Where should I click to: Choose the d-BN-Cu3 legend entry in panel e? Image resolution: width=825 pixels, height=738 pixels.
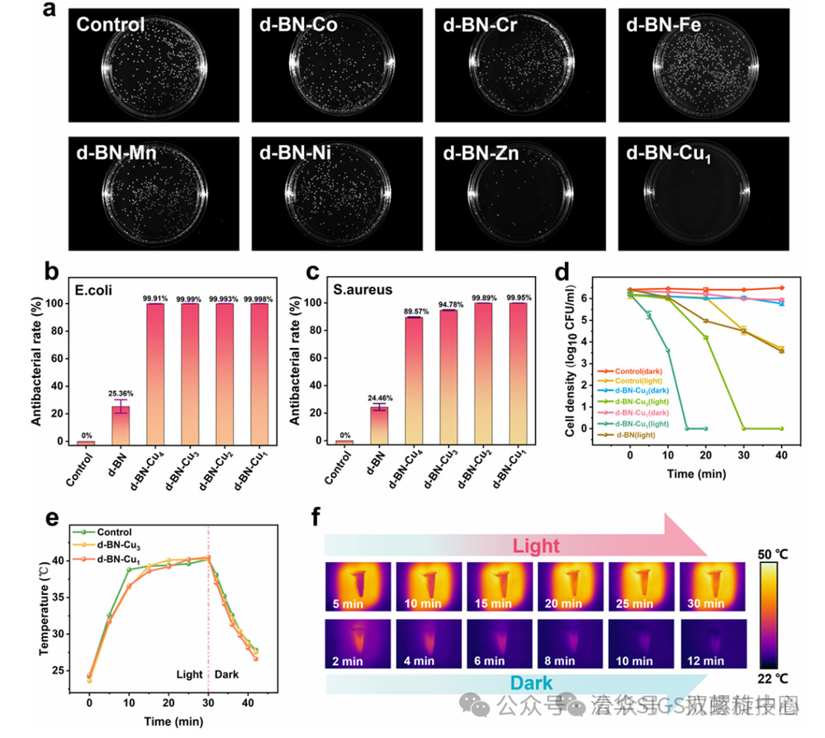117,546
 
